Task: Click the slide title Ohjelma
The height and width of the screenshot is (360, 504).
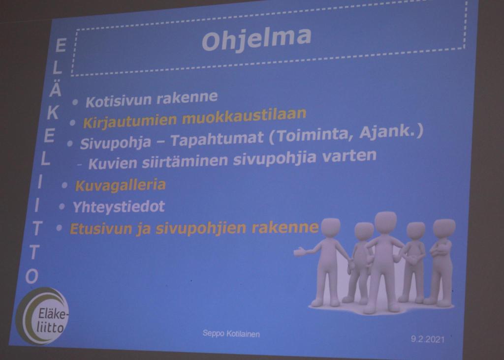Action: click(x=256, y=38)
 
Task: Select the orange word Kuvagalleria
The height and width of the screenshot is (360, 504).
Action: click(x=121, y=185)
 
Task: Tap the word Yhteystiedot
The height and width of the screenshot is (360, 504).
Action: click(x=119, y=207)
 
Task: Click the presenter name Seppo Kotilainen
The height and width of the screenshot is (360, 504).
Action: click(x=231, y=333)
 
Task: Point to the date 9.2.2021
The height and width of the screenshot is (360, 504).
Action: click(x=428, y=339)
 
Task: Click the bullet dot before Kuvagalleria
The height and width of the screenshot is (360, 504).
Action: click(x=64, y=185)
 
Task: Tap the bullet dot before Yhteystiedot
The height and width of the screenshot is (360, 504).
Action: click(x=62, y=207)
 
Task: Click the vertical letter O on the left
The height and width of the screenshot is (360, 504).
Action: click(x=32, y=276)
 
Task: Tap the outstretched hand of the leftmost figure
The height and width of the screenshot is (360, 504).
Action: click(x=299, y=251)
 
